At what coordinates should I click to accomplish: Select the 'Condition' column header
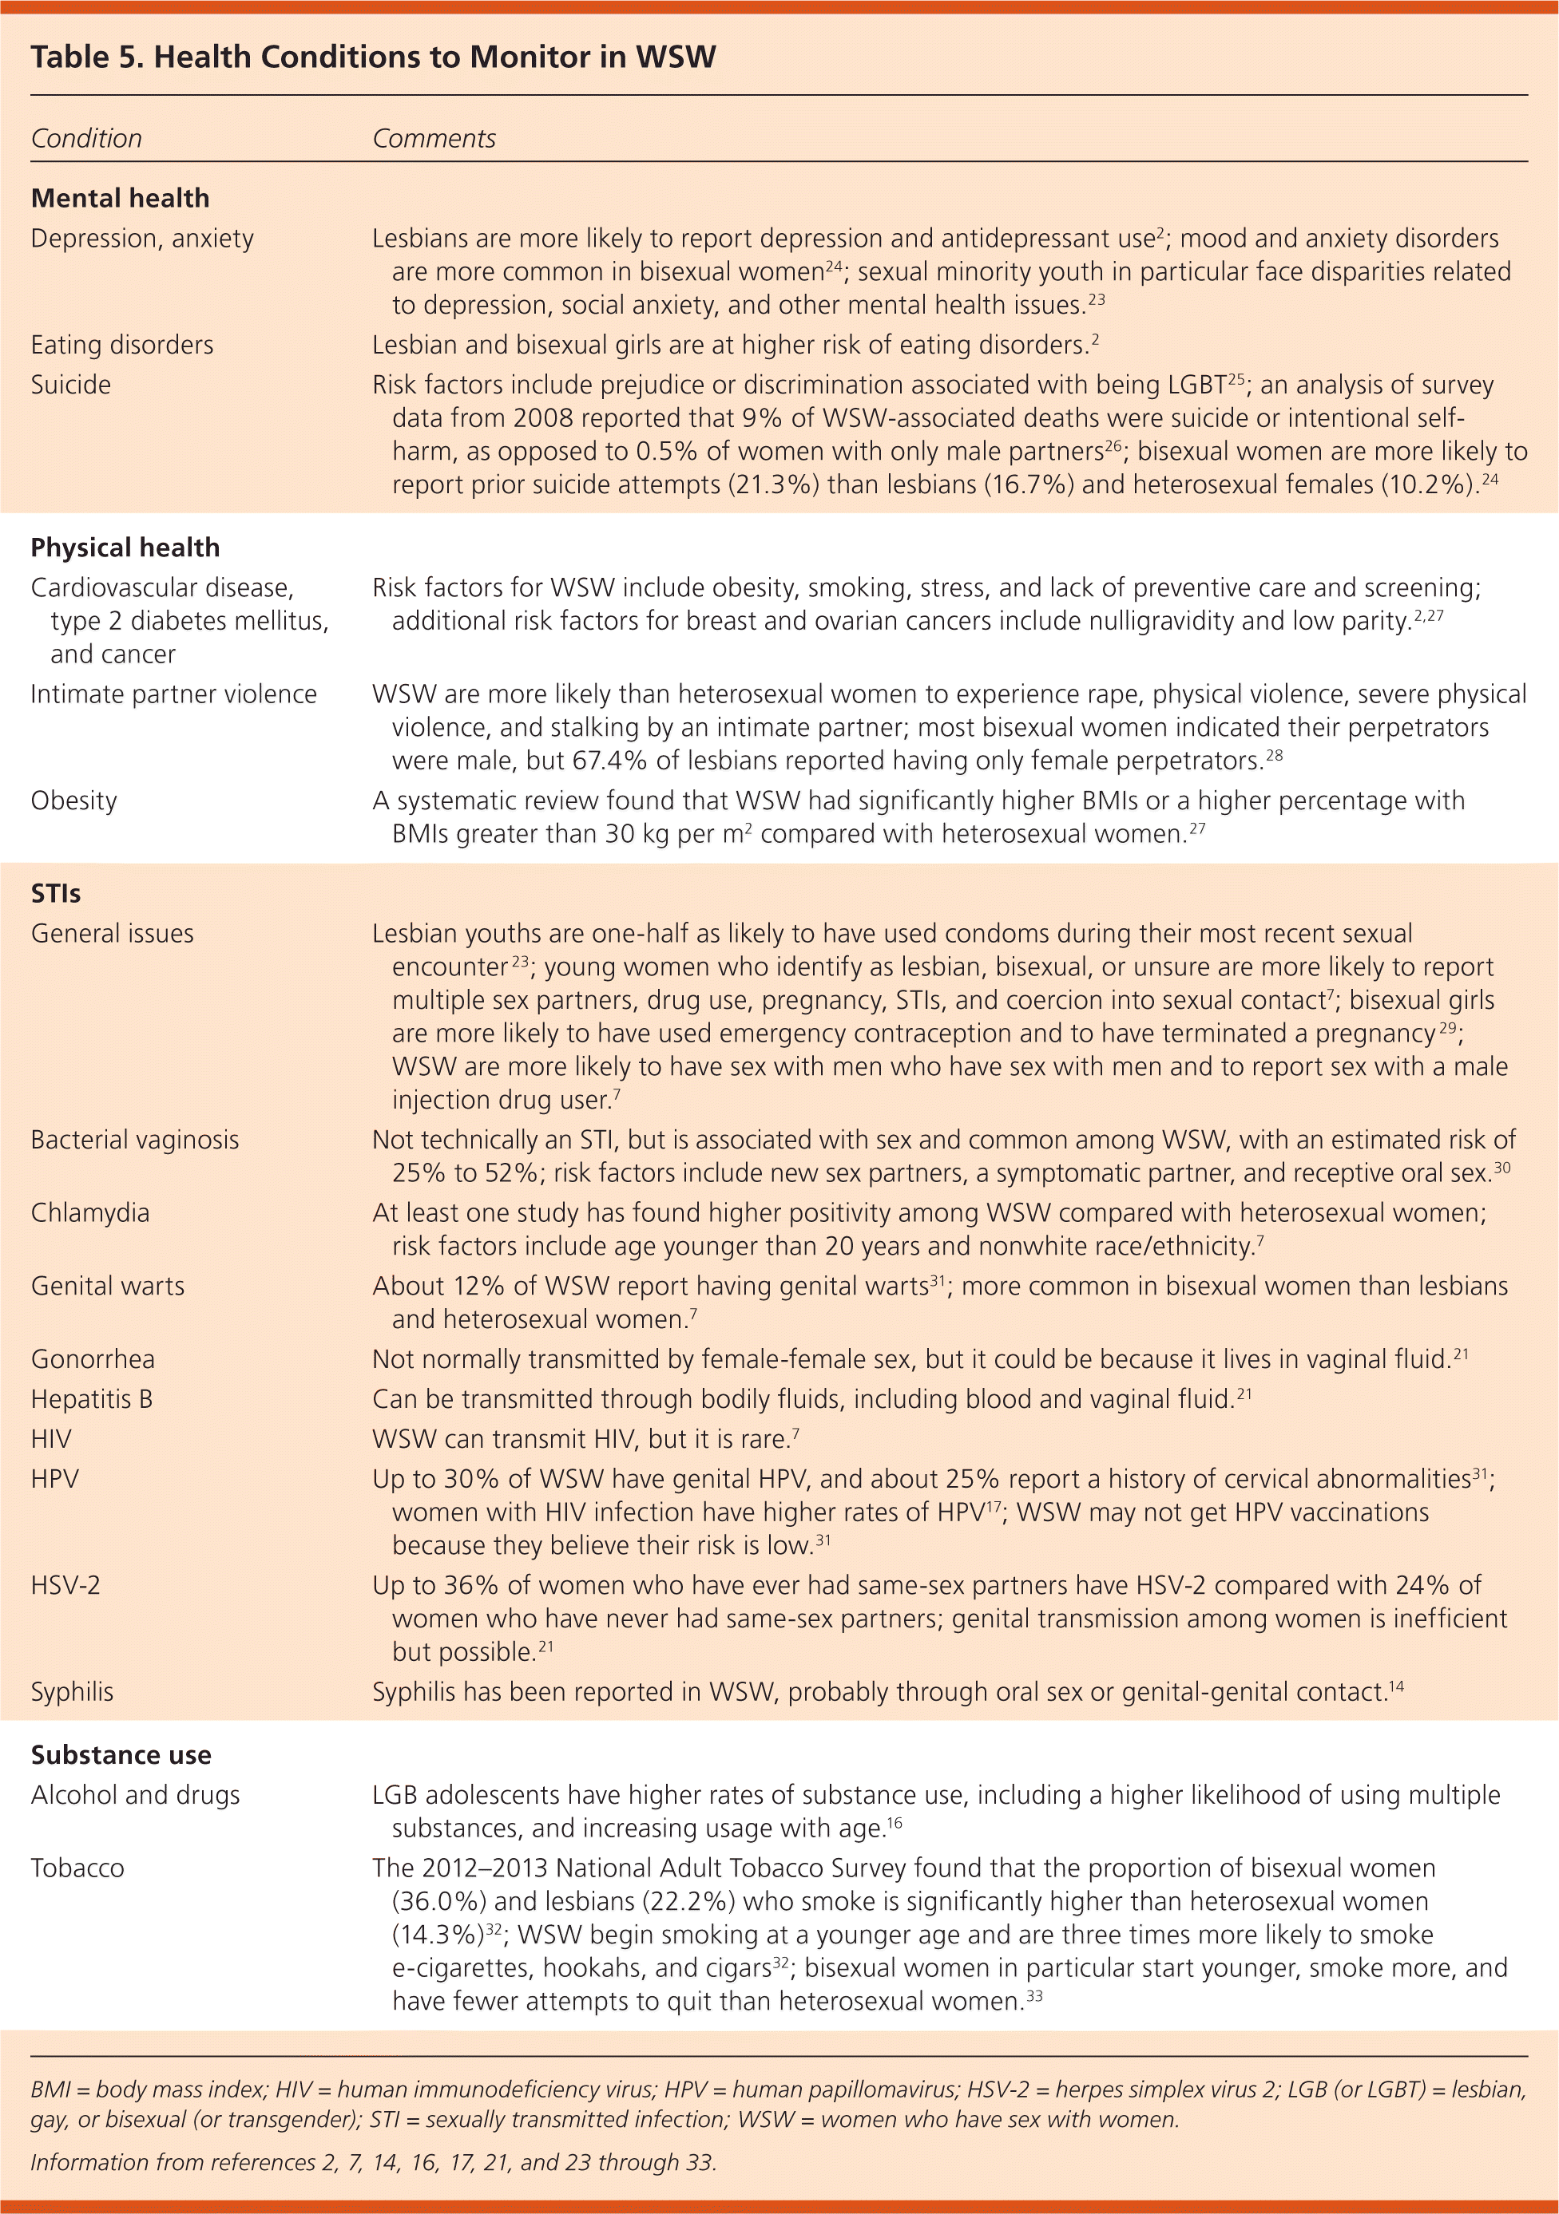[86, 139]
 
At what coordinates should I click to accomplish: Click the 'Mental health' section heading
[120, 199]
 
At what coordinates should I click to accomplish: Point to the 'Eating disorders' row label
[121, 346]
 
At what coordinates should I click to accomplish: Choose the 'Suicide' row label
[70, 385]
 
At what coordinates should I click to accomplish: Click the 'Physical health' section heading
[125, 548]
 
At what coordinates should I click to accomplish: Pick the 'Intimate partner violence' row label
[173, 694]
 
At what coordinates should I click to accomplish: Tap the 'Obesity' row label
[73, 801]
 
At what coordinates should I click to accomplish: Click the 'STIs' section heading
[56, 893]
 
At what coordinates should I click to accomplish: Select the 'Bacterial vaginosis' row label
[135, 1140]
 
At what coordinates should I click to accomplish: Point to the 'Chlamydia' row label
[89, 1213]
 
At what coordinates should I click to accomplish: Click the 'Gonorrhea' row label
[93, 1360]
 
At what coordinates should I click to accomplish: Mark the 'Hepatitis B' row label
[92, 1399]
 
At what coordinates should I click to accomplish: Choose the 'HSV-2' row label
[65, 1585]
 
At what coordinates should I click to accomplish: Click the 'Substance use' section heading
[121, 1755]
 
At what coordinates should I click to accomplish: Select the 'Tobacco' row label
[77, 1868]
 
